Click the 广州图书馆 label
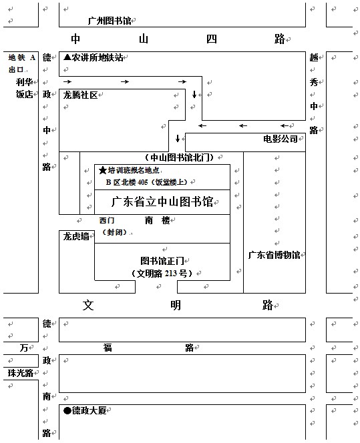[110, 21]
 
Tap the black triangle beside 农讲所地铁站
[67, 57]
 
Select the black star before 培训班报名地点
[103, 170]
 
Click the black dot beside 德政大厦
[67, 410]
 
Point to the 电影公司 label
[281, 139]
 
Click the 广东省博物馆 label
[274, 255]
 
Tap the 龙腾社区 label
[80, 95]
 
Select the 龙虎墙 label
[76, 236]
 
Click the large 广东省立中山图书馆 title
[162, 201]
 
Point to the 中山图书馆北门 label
[179, 157]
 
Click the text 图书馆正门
[162, 261]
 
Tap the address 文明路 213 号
[162, 273]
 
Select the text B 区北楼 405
[127, 182]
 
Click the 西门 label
[107, 220]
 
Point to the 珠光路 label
[20, 373]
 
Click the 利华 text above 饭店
[24, 82]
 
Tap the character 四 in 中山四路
[212, 39]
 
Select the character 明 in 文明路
[176, 305]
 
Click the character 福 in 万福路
[108, 348]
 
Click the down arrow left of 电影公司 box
[178, 138]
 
